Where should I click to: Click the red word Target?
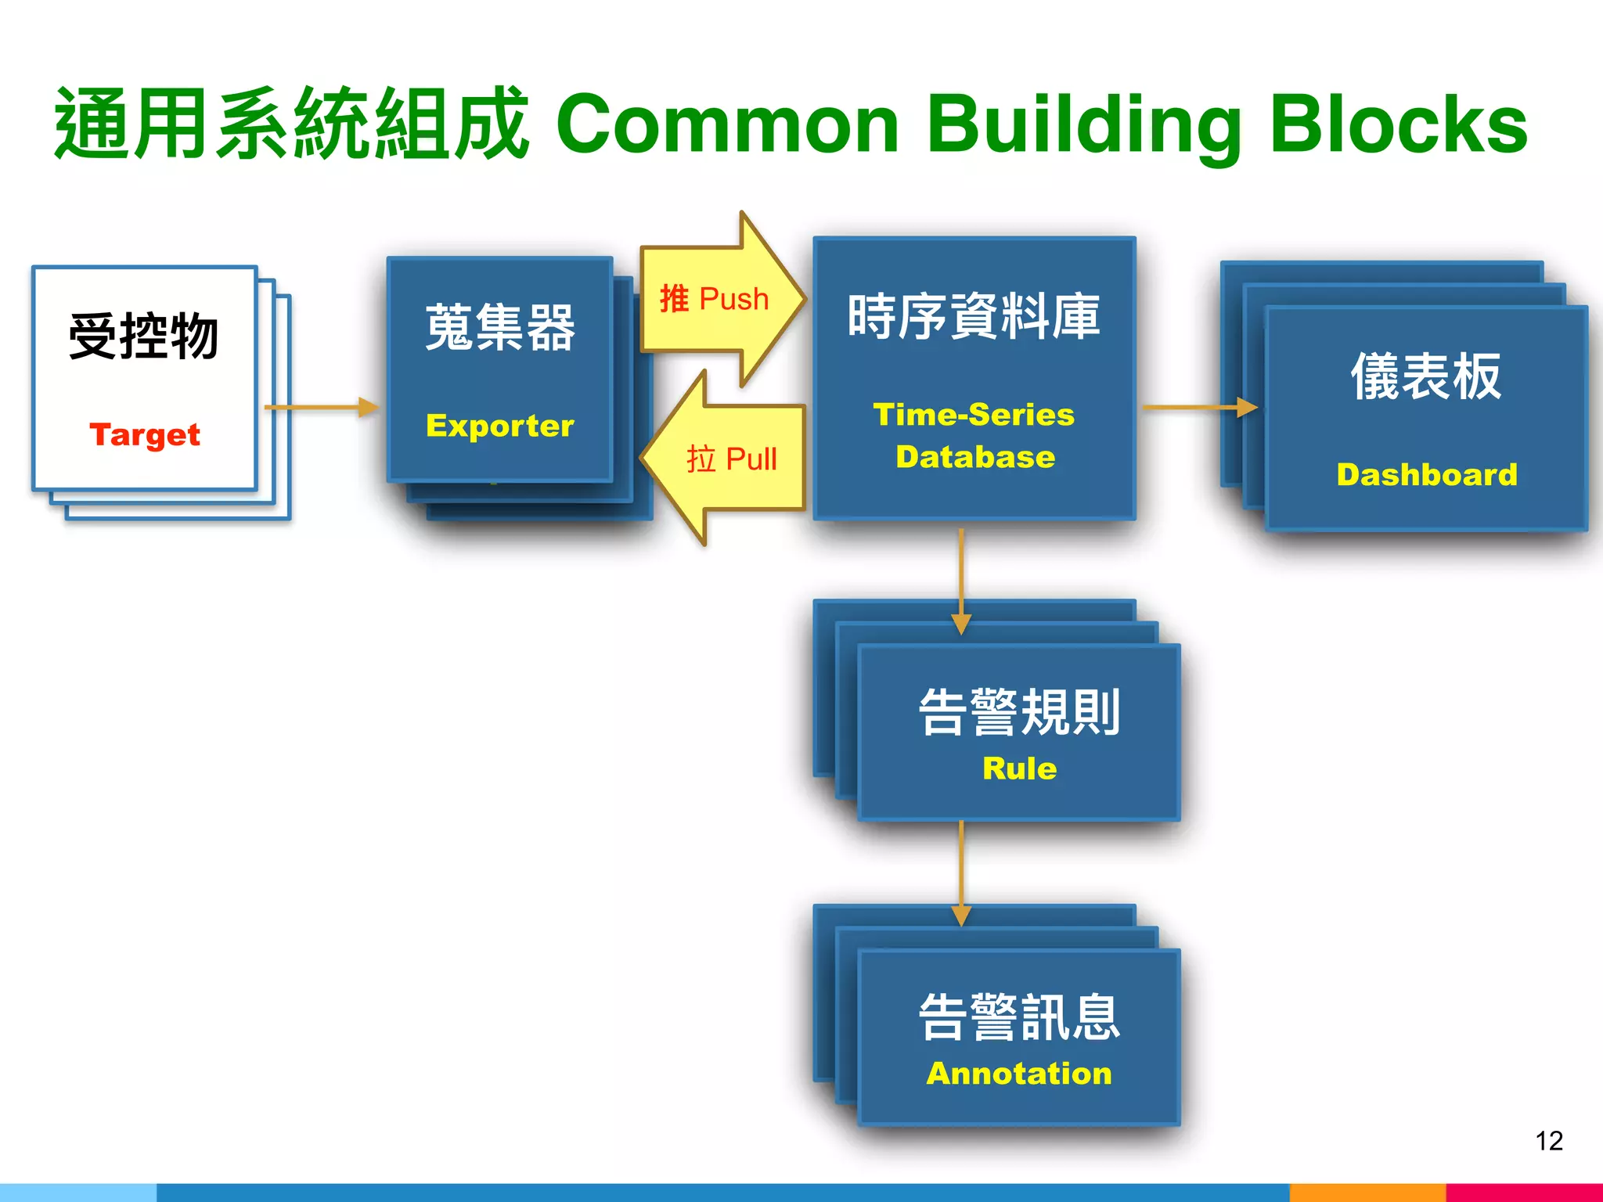tap(145, 434)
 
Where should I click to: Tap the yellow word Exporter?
tap(499, 425)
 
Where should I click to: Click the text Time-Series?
tap(974, 414)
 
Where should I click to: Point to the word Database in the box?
tap(975, 456)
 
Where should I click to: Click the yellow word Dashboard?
tap(1426, 474)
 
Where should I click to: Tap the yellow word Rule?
tap(1019, 768)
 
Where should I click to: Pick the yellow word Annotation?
tap(1019, 1073)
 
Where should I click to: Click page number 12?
tap(1548, 1140)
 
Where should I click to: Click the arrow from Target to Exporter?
tap(321, 407)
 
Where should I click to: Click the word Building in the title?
tap(1083, 125)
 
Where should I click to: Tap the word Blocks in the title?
tap(1398, 125)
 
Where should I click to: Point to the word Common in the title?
tap(727, 125)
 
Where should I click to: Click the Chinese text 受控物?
tap(143, 336)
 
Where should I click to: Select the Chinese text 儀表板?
tap(1426, 376)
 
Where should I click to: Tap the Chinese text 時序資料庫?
tap(974, 317)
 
